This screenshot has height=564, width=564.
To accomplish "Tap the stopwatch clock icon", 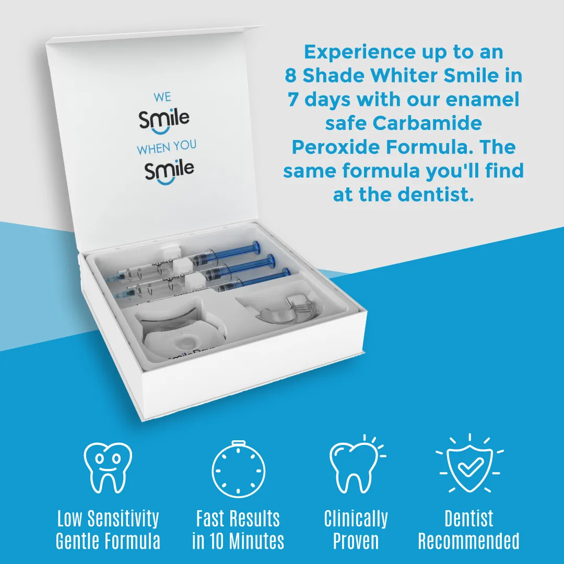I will point(238,468).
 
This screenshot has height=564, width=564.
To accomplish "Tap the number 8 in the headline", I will point(291,76).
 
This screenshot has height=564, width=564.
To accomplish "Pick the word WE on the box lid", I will point(162,97).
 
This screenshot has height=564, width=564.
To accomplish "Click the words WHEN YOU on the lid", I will point(167,148).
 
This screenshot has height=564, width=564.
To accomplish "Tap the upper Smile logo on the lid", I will point(164,119).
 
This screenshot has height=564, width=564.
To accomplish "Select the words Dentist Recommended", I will point(468,530).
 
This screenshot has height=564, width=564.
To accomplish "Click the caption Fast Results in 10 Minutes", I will point(238,530).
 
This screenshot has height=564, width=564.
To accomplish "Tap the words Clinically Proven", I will point(356,530).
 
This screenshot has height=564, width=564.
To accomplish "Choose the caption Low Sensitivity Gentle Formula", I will point(108,530).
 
